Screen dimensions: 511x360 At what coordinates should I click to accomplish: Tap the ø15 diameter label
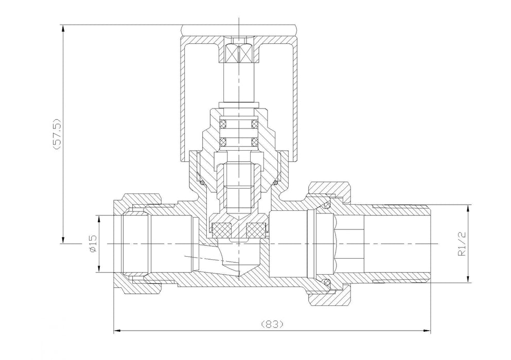coord(93,243)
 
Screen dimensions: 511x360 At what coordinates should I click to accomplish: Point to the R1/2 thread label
coord(462,244)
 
